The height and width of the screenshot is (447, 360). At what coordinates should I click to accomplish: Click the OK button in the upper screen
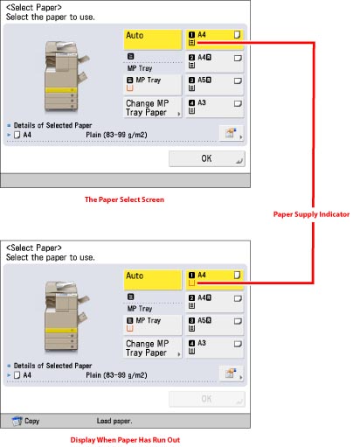click(207, 158)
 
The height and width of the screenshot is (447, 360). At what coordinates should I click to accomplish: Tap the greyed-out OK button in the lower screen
click(207, 399)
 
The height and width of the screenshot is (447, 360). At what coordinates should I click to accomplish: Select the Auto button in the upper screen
click(153, 39)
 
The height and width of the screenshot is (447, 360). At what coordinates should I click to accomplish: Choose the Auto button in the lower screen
click(153, 280)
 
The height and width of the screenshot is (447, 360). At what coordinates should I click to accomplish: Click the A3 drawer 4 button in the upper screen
click(214, 108)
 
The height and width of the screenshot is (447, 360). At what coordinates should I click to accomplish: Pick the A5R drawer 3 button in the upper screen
click(214, 85)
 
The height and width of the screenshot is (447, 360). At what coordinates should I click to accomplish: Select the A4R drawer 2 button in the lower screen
click(214, 302)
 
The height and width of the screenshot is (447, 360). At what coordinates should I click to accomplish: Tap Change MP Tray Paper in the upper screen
click(153, 108)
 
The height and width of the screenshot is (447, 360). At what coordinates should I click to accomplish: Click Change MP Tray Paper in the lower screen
click(153, 348)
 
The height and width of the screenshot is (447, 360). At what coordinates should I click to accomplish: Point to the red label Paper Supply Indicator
click(311, 214)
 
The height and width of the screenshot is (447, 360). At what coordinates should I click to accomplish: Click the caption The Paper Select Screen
click(124, 199)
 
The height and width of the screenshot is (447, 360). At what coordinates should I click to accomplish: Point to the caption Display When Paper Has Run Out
click(125, 440)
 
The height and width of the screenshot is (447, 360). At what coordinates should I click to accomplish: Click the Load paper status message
click(114, 421)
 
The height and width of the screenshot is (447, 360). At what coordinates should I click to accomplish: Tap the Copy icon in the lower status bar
click(17, 421)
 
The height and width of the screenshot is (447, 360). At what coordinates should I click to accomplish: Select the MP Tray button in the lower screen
click(153, 325)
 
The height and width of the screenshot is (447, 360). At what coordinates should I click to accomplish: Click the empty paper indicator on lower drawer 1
click(191, 283)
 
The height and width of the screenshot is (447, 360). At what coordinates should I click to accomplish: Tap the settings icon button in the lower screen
click(232, 374)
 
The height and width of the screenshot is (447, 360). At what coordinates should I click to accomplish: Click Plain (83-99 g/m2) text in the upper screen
click(116, 135)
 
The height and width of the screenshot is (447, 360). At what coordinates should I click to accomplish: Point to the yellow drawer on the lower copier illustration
click(61, 330)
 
